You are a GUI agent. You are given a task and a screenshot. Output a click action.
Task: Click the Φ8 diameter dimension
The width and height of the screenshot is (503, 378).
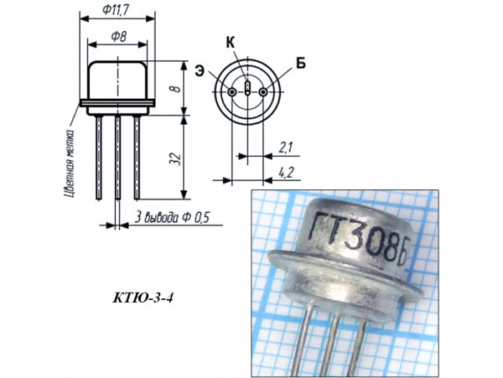(117, 39)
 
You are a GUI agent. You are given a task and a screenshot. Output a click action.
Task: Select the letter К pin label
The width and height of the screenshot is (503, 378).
(231, 42)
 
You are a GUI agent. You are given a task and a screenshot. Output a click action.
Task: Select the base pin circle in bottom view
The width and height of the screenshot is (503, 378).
(262, 91)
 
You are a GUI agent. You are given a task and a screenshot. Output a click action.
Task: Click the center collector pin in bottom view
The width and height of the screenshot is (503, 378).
(247, 88)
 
